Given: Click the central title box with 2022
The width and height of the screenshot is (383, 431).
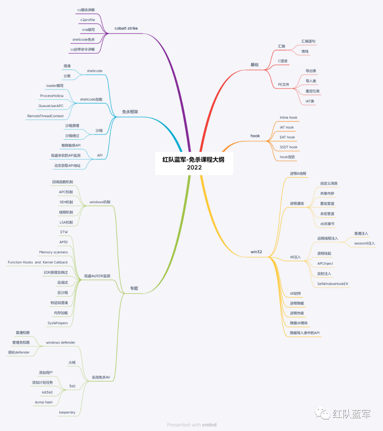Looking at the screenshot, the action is click(194, 163).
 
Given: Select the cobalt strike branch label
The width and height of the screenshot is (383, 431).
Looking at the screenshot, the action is click(126, 28).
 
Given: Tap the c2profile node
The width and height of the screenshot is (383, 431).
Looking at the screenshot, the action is click(88, 20).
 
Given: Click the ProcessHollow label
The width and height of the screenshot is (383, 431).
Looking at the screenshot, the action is click(52, 96).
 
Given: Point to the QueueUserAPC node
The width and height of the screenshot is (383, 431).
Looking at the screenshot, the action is click(51, 106).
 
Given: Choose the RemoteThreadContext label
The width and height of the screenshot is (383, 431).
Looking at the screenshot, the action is click(45, 116).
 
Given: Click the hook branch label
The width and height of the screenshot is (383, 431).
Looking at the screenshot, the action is click(255, 136).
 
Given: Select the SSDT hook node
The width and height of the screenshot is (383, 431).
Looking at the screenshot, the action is click(288, 147).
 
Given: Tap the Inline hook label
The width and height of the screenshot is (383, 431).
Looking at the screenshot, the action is click(288, 118).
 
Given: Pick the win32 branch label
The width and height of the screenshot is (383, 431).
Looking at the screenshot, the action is click(256, 252).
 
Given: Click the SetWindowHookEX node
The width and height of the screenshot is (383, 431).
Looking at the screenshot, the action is click(333, 284).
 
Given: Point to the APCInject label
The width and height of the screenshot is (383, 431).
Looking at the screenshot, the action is click(325, 264).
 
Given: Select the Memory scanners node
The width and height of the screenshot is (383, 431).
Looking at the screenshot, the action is click(53, 252).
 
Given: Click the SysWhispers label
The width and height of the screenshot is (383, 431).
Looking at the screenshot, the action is click(57, 323).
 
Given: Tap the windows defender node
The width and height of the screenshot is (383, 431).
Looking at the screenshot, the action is click(60, 343).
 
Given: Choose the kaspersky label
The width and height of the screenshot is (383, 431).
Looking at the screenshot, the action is click(67, 413).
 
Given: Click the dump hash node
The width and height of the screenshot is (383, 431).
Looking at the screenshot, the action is click(44, 403).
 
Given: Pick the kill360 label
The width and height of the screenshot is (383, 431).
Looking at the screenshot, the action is click(47, 393).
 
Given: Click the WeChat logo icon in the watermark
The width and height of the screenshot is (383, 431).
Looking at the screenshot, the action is click(322, 413).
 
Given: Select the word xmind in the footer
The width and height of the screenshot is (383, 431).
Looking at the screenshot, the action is click(209, 425).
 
